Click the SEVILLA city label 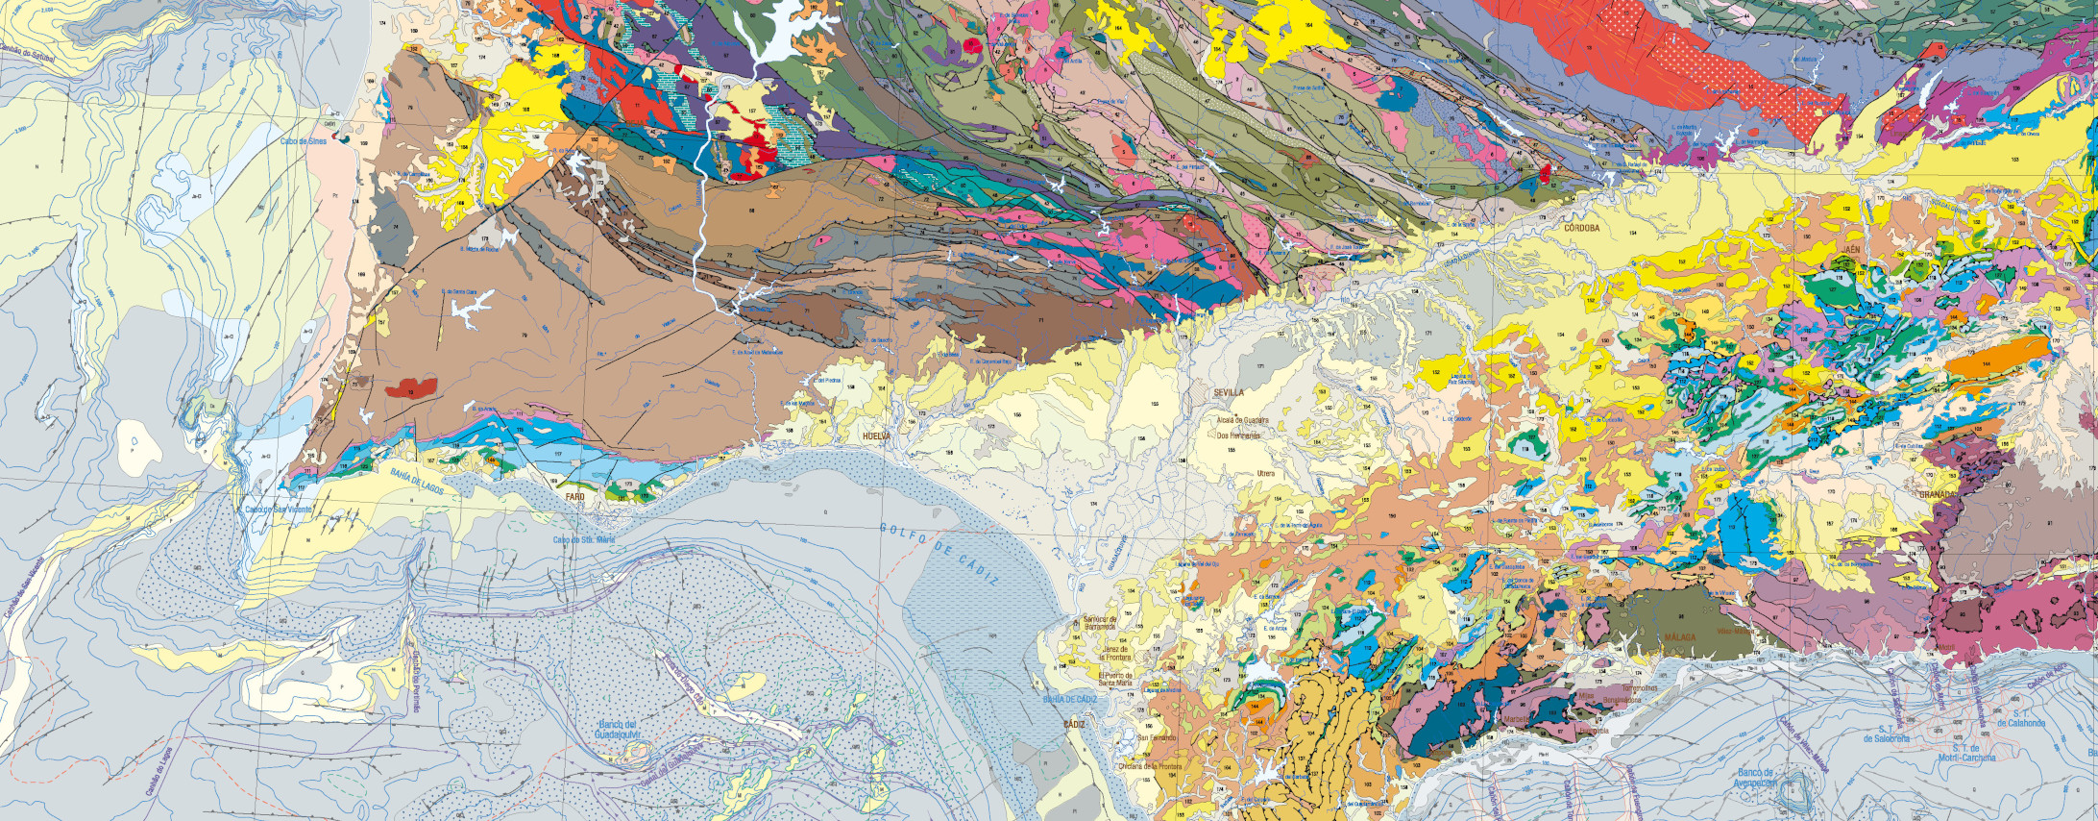pyautogui.click(x=1229, y=393)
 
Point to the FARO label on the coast pyautogui.click(x=575, y=496)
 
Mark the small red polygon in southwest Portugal pyautogui.click(x=411, y=389)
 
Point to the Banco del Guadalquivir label pyautogui.click(x=612, y=729)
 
